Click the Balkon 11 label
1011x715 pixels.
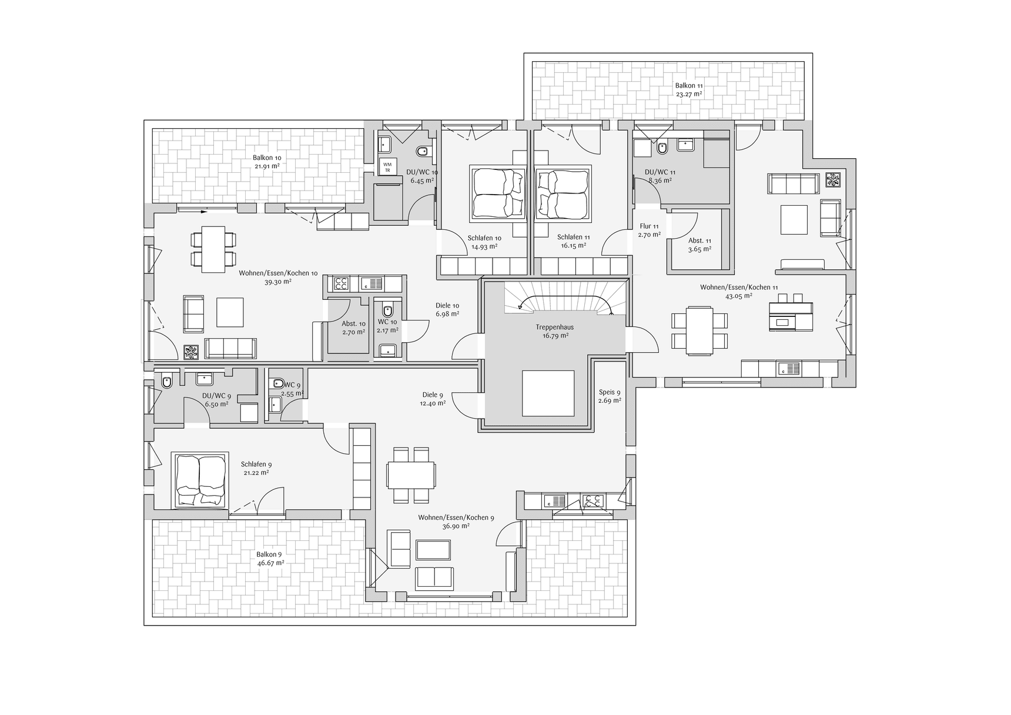tap(689, 86)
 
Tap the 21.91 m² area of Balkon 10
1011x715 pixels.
tap(267, 166)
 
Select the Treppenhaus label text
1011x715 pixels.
tap(554, 327)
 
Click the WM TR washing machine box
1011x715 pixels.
tap(387, 166)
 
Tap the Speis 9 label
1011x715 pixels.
tap(610, 392)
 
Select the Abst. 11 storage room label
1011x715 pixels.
tap(699, 240)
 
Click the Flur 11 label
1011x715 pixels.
tap(649, 226)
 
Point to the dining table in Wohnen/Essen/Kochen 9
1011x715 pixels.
tap(411, 475)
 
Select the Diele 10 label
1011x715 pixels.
tap(447, 305)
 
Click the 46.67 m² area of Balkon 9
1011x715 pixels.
tap(270, 563)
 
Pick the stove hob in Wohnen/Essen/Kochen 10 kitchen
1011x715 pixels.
tap(341, 284)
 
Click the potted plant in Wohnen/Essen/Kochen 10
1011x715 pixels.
tap(192, 352)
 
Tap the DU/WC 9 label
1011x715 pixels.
tap(216, 396)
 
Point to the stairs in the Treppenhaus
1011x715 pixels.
tap(564, 297)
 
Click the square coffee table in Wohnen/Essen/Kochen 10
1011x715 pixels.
tap(230, 312)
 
